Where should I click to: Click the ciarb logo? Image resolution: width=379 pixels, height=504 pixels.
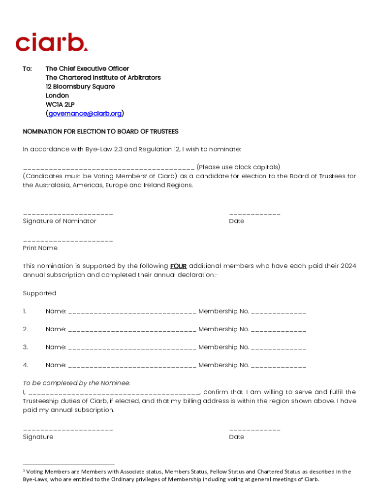point(52,42)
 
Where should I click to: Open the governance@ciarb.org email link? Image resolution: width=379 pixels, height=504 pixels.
point(85,114)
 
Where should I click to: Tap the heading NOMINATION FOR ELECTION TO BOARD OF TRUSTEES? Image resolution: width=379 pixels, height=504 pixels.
point(100,132)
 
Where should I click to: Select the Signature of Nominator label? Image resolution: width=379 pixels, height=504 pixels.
point(60,221)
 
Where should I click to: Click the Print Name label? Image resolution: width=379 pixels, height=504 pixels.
point(40,248)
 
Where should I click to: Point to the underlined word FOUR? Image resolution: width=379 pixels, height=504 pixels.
point(178,266)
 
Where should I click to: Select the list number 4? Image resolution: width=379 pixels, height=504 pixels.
point(25,365)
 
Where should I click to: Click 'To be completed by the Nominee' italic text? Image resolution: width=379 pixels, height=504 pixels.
point(76,383)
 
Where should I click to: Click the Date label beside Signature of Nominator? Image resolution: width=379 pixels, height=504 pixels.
point(236,221)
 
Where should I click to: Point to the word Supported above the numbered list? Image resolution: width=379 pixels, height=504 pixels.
point(39,293)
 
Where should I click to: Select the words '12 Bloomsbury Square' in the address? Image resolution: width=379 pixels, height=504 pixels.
point(80,87)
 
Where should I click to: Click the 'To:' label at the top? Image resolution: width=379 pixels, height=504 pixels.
point(28,69)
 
